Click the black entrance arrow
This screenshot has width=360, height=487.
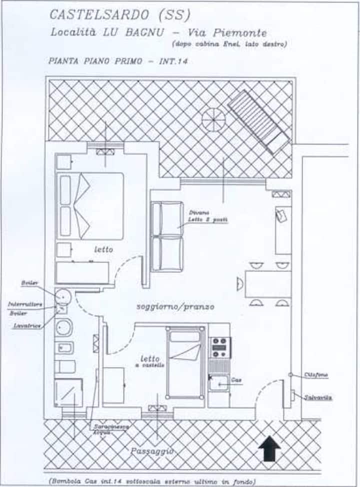click(270, 448)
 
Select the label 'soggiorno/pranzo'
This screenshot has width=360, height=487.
click(175, 306)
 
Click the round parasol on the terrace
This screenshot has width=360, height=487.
click(213, 120)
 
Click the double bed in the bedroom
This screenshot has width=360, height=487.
click(90, 206)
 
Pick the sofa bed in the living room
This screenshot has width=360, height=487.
click(167, 236)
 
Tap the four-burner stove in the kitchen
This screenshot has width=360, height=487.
click(219, 347)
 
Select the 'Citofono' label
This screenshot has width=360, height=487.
click(316, 375)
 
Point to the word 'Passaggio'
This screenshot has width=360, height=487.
click(152, 451)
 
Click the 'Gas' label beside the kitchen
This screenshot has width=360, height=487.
click(236, 380)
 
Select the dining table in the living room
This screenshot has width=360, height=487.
click(267, 284)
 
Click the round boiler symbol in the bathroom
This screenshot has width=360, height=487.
click(63, 296)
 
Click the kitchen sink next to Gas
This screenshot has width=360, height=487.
click(218, 383)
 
